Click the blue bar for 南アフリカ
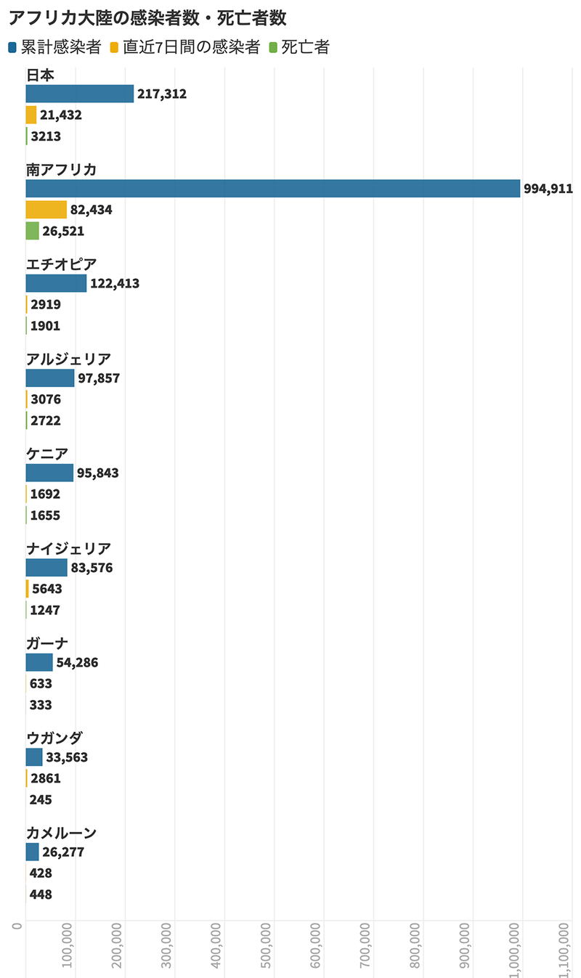click(272, 189)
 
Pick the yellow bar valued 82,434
click(46, 210)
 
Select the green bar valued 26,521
click(32, 231)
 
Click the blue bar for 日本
click(79, 94)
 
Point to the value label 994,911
click(548, 190)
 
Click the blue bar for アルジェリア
click(49, 378)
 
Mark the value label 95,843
click(98, 473)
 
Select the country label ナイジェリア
click(68, 548)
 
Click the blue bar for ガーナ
click(39, 662)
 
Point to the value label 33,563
click(67, 757)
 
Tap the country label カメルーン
click(61, 833)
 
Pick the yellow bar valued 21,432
click(31, 115)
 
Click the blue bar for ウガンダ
click(34, 757)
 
